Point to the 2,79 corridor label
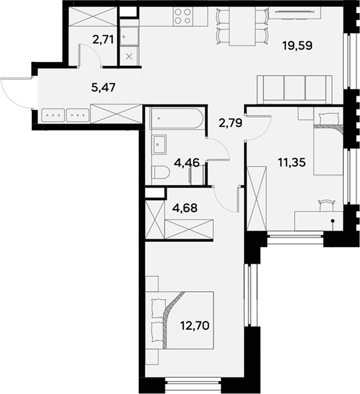[229, 122]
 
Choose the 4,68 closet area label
[185, 207]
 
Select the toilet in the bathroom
[161, 172]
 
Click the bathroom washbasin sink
[159, 144]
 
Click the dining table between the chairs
[242, 27]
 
